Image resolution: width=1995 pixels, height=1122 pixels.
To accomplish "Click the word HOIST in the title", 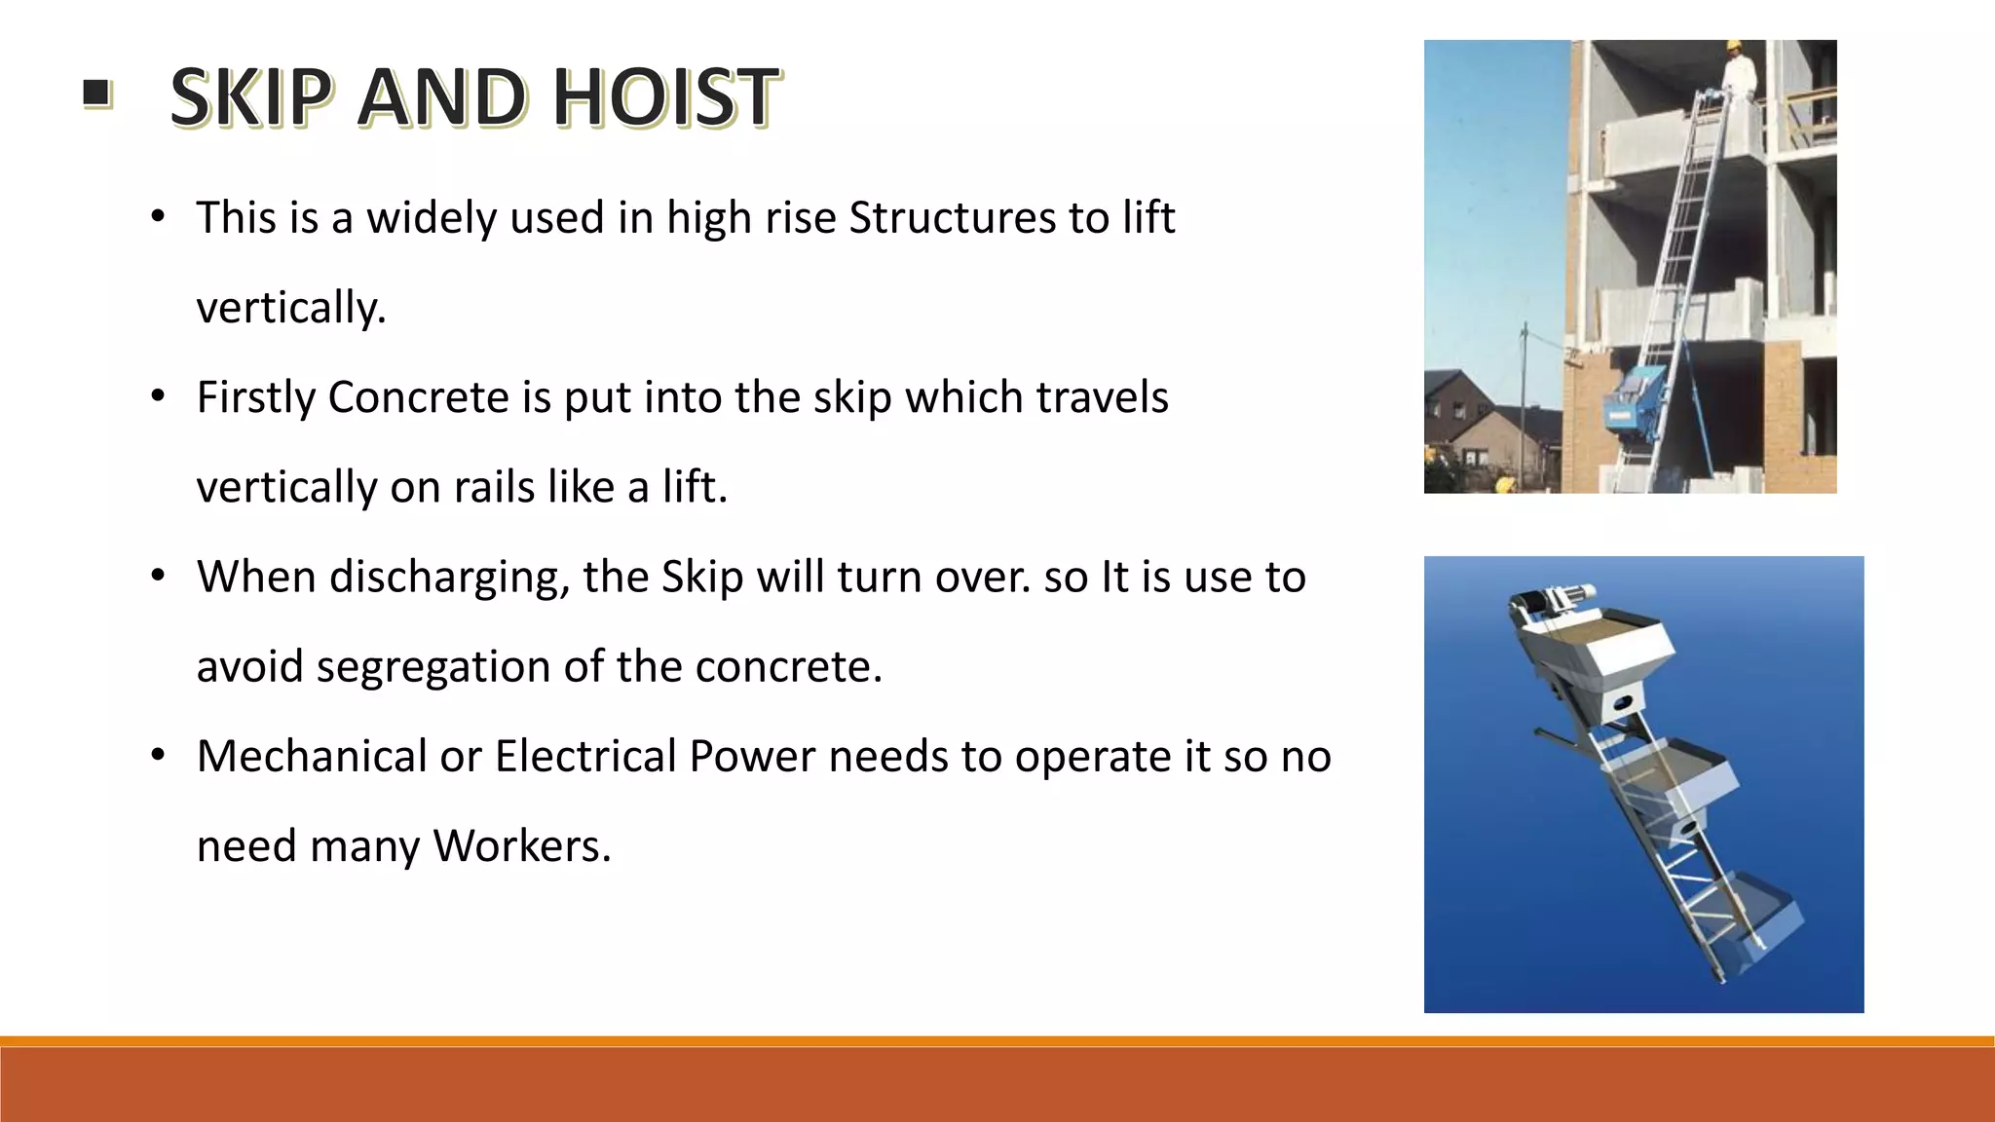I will coord(666,97).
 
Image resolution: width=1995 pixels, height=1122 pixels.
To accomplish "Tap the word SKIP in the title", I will coord(250,97).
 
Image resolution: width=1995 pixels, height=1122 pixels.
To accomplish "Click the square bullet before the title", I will coord(96,94).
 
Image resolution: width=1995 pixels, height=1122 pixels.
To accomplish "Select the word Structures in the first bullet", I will coord(952,217).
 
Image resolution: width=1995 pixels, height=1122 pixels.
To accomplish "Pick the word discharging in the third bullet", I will coord(449,577).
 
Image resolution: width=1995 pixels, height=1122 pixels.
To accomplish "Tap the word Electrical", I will coord(585,756).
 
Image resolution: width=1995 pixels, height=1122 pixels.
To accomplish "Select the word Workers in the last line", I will coord(522,845).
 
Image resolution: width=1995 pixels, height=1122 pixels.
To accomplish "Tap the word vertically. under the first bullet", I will coord(291,308).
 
